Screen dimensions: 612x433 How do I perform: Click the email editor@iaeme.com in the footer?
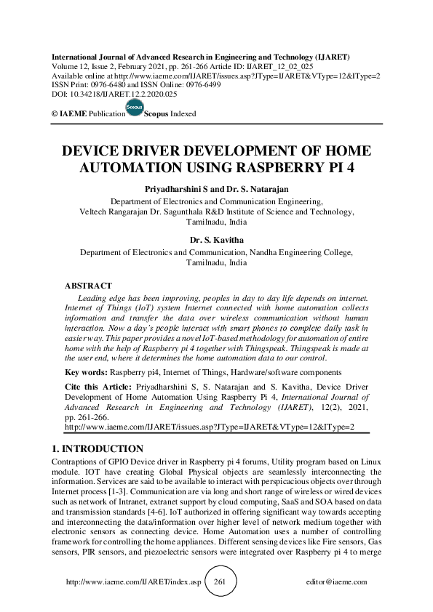click(x=337, y=582)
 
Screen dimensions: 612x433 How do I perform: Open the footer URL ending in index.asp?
click(x=133, y=582)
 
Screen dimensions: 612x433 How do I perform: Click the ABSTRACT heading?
click(x=88, y=286)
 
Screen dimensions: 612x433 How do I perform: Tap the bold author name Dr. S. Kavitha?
click(x=217, y=239)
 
